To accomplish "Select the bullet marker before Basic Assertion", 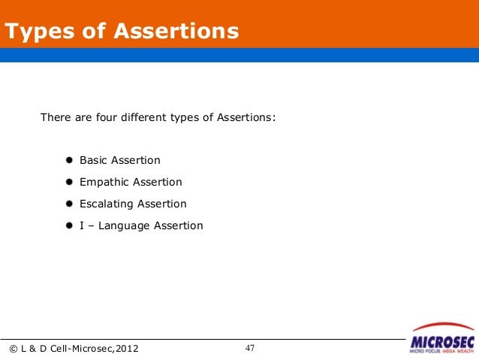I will coord(68,161).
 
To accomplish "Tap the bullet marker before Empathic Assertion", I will coord(68,183).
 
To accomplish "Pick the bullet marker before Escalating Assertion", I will coord(68,204).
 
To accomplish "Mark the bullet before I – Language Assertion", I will coord(68,226).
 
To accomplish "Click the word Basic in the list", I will coord(94,161).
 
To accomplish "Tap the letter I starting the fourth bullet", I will coord(81,226).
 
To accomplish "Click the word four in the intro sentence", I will coord(102,118).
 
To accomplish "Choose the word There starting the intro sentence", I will coord(54,118).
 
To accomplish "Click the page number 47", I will coord(249,348).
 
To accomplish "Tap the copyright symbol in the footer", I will coord(12,348).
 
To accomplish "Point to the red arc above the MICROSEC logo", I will coord(443,327).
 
